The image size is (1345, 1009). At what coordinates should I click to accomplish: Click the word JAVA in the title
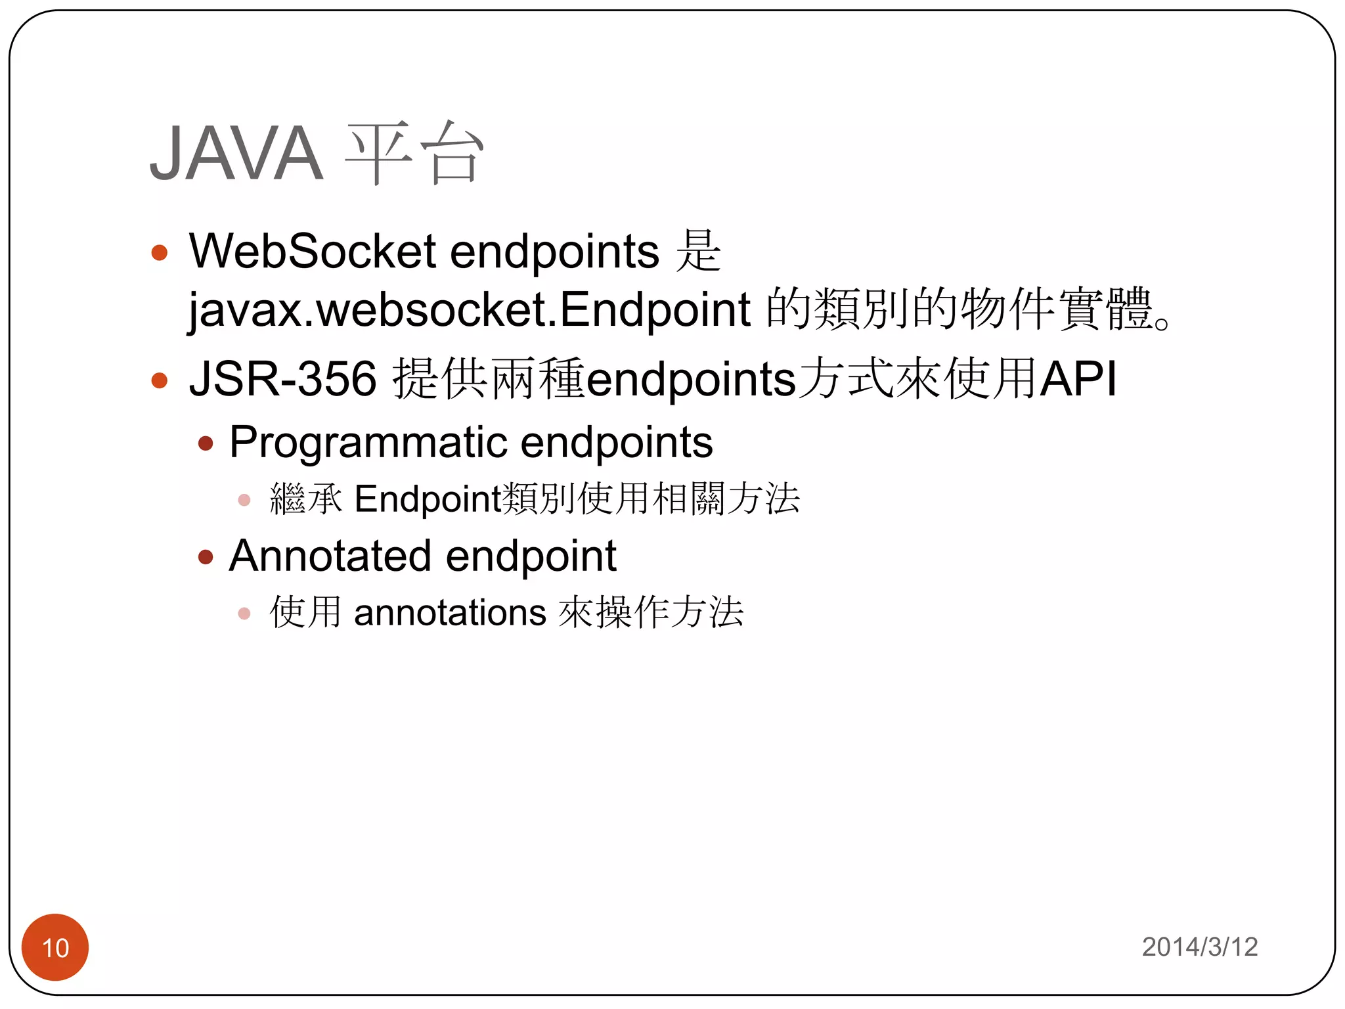click(236, 153)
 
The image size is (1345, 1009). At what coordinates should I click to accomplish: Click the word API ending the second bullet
click(1078, 379)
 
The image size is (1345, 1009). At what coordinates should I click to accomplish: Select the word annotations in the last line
click(450, 613)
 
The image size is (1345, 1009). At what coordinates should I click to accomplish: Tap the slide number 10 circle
click(55, 947)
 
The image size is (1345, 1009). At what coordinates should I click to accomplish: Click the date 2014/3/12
click(1199, 947)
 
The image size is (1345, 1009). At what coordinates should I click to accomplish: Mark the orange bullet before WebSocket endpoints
click(160, 253)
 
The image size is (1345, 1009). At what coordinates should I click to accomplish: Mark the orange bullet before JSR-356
click(160, 380)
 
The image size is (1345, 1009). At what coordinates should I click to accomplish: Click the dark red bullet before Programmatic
click(206, 444)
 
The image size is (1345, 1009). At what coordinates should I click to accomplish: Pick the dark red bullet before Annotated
click(206, 558)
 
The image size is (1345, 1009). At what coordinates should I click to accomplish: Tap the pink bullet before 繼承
click(244, 501)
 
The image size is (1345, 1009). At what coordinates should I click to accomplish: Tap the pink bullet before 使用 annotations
click(244, 614)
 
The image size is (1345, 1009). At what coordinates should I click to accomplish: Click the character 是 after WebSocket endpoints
click(699, 251)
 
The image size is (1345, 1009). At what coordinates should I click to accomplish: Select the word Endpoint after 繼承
click(428, 499)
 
